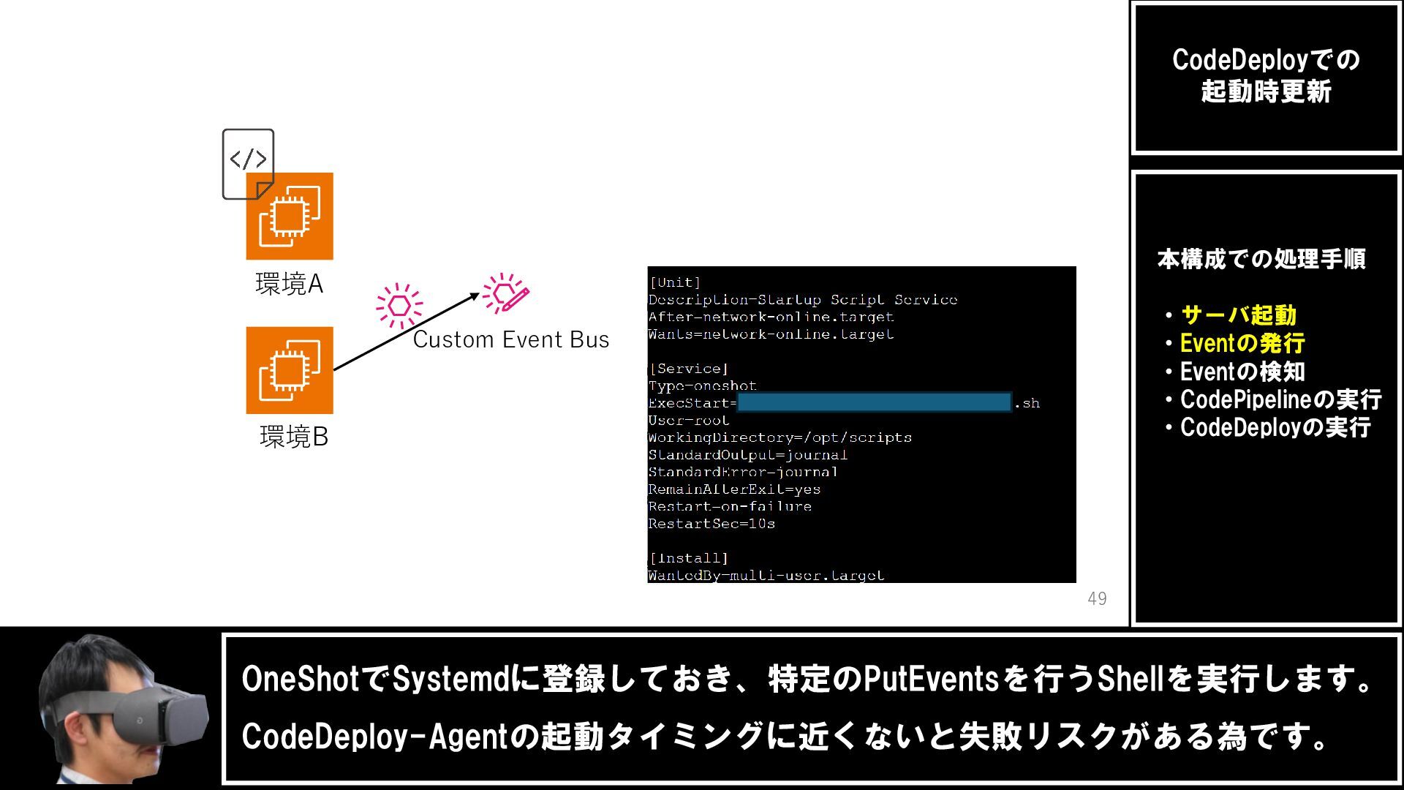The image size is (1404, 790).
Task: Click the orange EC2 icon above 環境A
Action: coord(290,217)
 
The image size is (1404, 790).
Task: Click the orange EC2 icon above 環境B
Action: coord(290,370)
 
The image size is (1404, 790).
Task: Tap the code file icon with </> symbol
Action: coord(248,162)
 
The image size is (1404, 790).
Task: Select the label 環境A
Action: coord(290,284)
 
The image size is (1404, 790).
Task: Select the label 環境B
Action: coord(294,437)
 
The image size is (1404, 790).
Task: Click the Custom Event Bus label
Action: coord(510,340)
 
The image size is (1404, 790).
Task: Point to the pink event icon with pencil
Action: coord(506,293)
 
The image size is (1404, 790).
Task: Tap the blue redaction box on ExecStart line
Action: coord(874,402)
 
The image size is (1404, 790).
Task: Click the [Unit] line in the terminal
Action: coord(675,282)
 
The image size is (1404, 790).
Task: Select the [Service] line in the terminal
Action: coord(688,369)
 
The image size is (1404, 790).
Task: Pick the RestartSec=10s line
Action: coord(712,524)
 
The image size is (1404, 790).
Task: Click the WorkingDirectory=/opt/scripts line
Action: coord(780,437)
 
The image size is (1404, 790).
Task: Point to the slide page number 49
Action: coord(1097,598)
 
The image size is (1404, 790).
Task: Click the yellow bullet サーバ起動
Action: coord(1238,315)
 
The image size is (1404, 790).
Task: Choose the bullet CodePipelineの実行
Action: coord(1280,399)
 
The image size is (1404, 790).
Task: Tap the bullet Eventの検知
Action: coord(1242,372)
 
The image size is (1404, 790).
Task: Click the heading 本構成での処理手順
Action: coord(1261,259)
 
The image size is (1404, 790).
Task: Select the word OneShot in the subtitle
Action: coord(301,679)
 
